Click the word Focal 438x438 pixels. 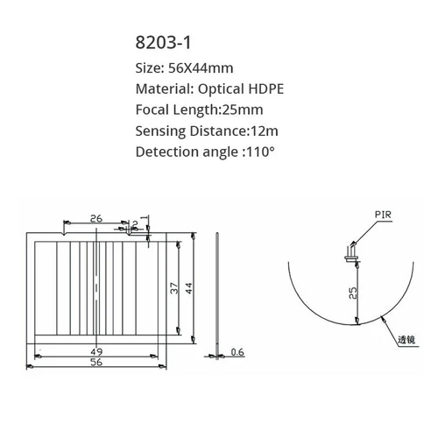[154, 109]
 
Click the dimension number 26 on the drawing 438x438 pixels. [95, 219]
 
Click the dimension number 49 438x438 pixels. [95, 351]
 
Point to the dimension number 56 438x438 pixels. [95, 361]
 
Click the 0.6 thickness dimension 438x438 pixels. [237, 352]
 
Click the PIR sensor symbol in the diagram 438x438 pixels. [350, 253]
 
